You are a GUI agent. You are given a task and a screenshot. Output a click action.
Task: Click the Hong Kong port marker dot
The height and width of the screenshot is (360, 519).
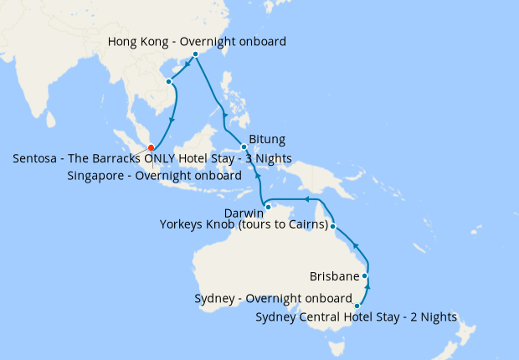(196, 54)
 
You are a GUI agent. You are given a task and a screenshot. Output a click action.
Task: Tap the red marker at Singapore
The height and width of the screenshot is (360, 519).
(152, 150)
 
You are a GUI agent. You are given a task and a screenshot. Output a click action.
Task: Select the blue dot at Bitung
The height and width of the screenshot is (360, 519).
(244, 147)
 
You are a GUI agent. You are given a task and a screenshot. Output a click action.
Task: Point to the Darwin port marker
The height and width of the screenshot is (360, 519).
(267, 206)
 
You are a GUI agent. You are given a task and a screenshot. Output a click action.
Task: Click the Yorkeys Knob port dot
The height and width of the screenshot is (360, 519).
(333, 227)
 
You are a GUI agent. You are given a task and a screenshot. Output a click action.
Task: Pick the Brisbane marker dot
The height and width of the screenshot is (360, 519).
(365, 275)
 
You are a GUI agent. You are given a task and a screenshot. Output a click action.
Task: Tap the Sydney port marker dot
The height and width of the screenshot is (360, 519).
(357, 306)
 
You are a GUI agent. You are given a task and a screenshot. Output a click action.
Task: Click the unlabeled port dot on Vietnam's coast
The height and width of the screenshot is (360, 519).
(169, 82)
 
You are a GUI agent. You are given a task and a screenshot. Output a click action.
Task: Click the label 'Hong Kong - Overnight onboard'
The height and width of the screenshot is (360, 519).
(198, 41)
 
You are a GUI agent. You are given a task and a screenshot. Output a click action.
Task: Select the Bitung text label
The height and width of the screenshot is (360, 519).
(267, 139)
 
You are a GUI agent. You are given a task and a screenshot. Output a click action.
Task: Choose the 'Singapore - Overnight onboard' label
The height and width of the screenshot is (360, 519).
(154, 176)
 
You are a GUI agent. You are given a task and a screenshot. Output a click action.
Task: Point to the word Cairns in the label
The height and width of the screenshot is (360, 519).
(304, 225)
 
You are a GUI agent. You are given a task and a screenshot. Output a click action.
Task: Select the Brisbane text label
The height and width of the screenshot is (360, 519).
(334, 276)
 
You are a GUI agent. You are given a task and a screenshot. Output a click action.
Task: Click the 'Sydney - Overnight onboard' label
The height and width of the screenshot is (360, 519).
(273, 299)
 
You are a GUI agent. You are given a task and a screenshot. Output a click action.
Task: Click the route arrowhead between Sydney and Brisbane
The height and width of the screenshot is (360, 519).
(367, 289)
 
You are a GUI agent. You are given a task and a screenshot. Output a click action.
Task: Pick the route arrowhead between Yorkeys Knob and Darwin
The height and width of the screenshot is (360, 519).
(306, 199)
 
